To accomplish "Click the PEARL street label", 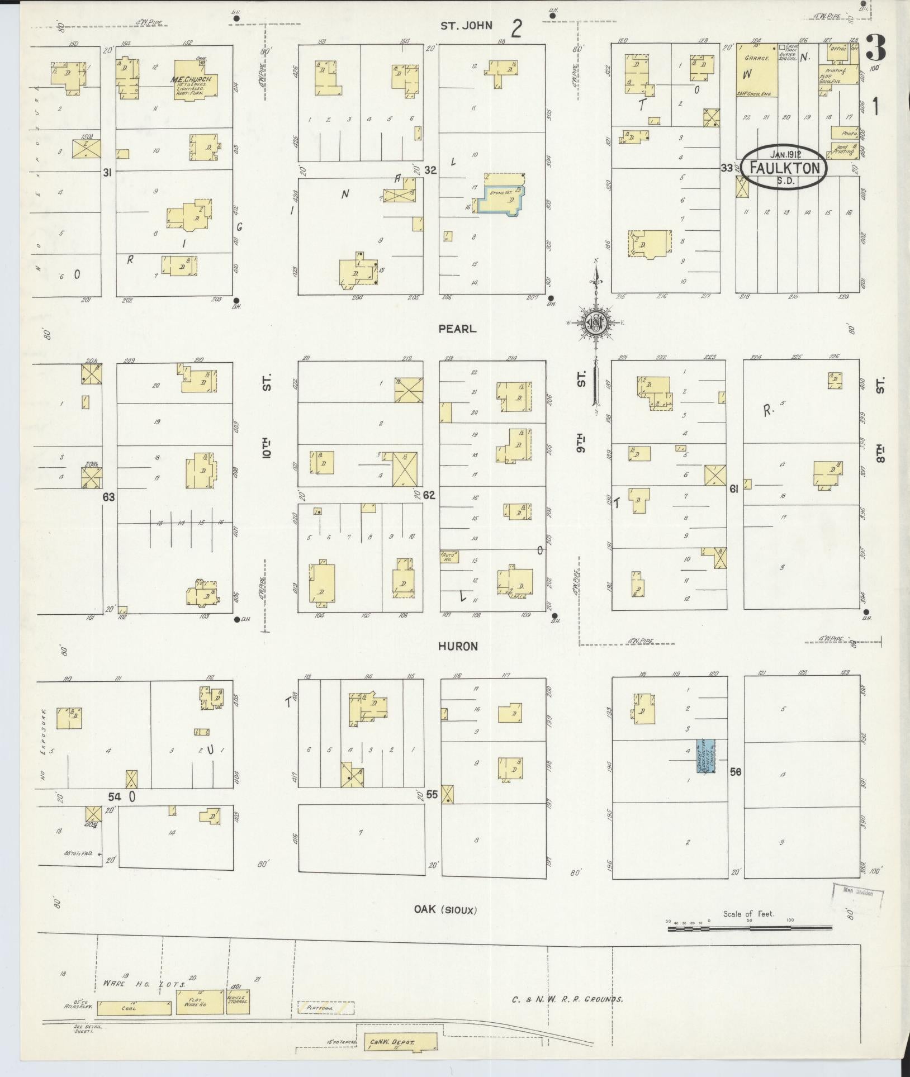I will pyautogui.click(x=457, y=329).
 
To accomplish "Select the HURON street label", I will pyautogui.click(x=458, y=646).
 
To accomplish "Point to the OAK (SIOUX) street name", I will pyautogui.click(x=445, y=910).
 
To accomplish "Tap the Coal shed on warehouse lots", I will pyautogui.click(x=134, y=1008).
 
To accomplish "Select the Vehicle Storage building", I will pyautogui.click(x=238, y=1004).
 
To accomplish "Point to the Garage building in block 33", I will pyautogui.click(x=756, y=70).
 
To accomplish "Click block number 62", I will pyautogui.click(x=429, y=495).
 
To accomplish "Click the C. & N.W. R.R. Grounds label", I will pyautogui.click(x=567, y=999).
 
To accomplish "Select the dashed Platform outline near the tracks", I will pyautogui.click(x=326, y=1007).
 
